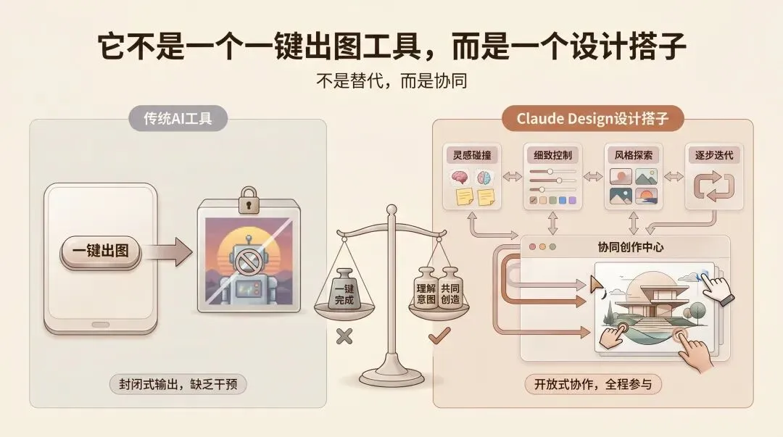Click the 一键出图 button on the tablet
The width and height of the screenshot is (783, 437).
101,251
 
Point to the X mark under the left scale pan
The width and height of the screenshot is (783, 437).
344,336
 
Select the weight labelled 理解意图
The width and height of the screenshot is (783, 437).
426,292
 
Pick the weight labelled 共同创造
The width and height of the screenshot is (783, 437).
449,292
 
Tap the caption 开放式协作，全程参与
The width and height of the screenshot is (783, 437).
593,384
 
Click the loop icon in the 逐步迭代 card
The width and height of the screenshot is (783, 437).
713,187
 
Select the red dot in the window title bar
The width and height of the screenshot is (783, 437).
533,246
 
